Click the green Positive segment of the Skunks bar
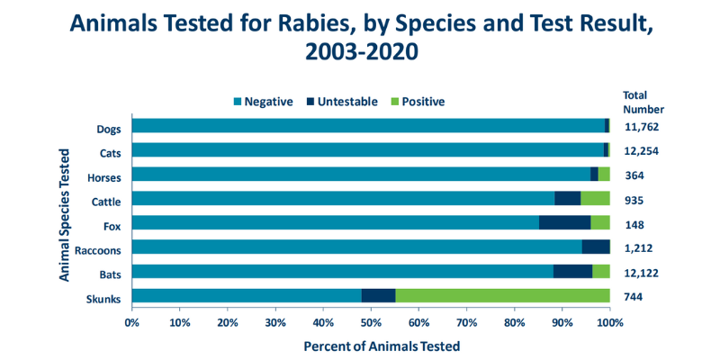(x=502, y=296)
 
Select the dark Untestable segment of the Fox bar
(x=564, y=223)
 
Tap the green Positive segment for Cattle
(x=595, y=199)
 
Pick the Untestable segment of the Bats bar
(x=572, y=272)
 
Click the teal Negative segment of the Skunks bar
(x=247, y=296)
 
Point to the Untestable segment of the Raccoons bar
(x=596, y=247)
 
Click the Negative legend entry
(x=263, y=102)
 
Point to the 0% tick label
(x=132, y=321)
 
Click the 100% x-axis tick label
(x=609, y=321)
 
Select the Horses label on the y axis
(x=105, y=175)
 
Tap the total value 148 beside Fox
(x=635, y=224)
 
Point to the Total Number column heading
(x=643, y=102)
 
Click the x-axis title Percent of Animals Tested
(x=370, y=346)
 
